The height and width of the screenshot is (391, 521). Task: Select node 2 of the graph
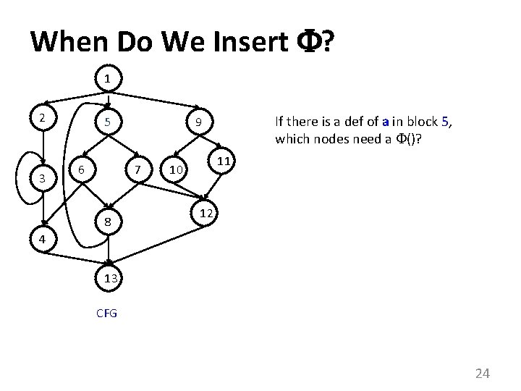pos(43,117)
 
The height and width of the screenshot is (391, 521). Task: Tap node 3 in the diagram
pos(43,177)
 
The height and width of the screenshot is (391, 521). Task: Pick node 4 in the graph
pos(43,238)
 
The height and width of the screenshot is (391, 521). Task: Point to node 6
pos(82,170)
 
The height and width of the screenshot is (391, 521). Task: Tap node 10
pos(174,170)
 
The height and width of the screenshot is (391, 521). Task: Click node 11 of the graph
pos(224,161)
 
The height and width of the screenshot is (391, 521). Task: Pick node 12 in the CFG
pos(206,214)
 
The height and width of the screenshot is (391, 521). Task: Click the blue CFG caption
pos(107,314)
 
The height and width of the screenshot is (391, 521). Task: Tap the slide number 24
pos(482,374)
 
